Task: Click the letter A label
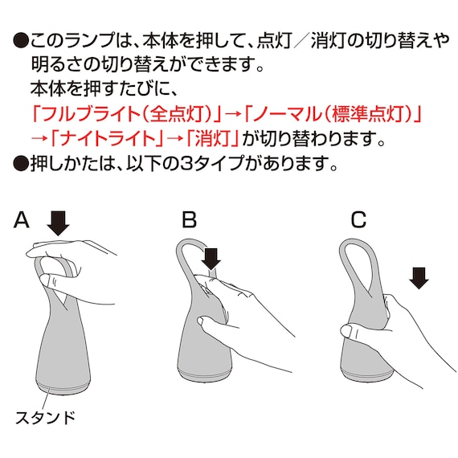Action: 22,219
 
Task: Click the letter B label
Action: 189,219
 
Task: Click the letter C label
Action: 358,219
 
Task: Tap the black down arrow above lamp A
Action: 59,223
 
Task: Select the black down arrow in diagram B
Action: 211,259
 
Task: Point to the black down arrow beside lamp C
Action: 419,278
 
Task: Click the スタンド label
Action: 45,418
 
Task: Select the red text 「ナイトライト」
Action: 106,137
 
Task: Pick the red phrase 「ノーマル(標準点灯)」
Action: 333,113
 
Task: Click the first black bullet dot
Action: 21,40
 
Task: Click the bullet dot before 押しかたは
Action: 21,163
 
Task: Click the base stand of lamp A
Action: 63,387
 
